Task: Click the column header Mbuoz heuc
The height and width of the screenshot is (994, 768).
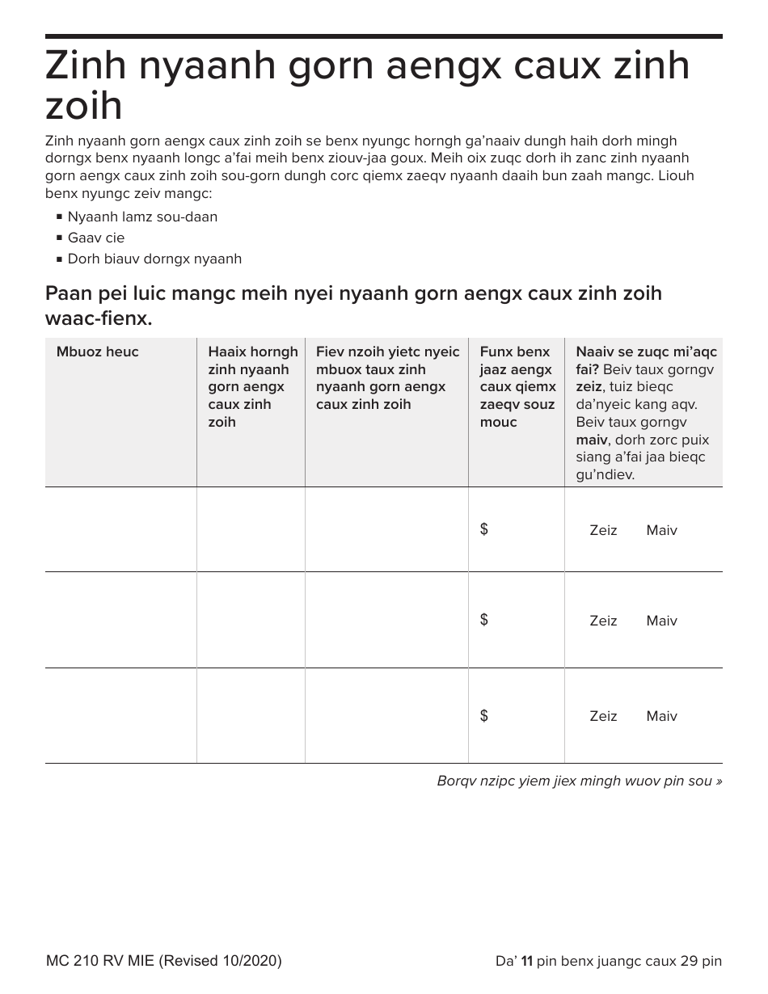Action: tap(97, 352)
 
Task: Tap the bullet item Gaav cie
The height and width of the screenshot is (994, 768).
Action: tap(95, 238)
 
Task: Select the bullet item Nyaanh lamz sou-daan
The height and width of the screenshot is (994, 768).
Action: tap(142, 217)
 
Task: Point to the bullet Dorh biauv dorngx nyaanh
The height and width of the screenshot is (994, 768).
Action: tap(154, 259)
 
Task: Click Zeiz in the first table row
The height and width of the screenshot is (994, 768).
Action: tap(603, 530)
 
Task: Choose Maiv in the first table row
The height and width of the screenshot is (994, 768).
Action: tap(661, 530)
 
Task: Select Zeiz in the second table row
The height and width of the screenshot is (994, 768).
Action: tap(603, 621)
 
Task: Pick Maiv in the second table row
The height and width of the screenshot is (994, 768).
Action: tap(661, 621)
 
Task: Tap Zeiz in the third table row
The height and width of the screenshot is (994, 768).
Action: tap(603, 716)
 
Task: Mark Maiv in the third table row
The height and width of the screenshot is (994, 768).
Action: tap(661, 716)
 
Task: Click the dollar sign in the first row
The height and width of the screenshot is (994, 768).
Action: tap(483, 529)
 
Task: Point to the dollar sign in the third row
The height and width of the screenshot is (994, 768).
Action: tap(483, 715)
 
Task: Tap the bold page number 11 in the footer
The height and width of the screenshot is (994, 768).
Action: tap(526, 961)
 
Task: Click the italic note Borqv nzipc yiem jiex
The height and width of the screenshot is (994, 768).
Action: tap(579, 781)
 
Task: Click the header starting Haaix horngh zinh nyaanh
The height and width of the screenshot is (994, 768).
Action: tap(252, 386)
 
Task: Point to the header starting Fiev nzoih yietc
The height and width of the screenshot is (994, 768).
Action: tap(386, 377)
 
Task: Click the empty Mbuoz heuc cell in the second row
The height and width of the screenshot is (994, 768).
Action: tap(120, 620)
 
